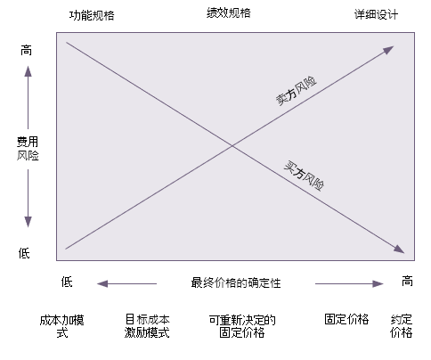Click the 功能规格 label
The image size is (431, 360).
[x=92, y=15]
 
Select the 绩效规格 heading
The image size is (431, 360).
[x=229, y=13]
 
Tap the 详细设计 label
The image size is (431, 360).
[x=376, y=14]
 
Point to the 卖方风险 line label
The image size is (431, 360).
[x=297, y=91]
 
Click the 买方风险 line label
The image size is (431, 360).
[x=304, y=176]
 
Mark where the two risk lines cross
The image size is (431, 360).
[x=232, y=146]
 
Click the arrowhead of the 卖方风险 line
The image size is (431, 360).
[x=388, y=50]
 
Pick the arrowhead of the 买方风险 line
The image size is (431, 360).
[x=399, y=249]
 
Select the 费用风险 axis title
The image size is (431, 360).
[x=28, y=149]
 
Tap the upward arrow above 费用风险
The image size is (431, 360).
[x=28, y=97]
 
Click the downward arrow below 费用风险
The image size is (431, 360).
[x=28, y=199]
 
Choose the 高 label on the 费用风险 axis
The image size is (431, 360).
[x=26, y=51]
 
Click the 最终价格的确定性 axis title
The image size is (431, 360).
[x=236, y=282]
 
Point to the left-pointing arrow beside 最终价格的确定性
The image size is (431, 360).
[x=126, y=283]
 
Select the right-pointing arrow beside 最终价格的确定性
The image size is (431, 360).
[x=349, y=283]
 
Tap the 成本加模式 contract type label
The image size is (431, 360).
[x=62, y=326]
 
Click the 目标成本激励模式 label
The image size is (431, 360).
[x=147, y=326]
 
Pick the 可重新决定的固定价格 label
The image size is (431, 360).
[x=242, y=326]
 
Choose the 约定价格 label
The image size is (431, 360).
[x=402, y=326]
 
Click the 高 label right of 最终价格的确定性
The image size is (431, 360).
[x=407, y=281]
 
